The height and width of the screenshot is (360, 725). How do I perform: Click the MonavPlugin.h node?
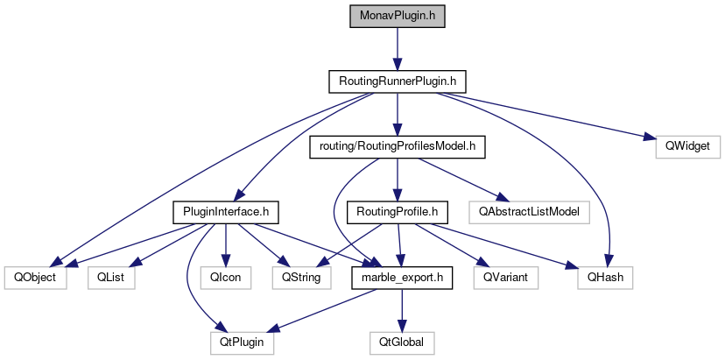click(397, 17)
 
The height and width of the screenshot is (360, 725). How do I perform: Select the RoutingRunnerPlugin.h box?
click(397, 81)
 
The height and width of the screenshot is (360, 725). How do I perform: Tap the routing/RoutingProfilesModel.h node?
click(397, 146)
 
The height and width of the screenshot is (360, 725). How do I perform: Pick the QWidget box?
click(687, 146)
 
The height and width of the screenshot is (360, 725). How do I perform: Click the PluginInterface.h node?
click(226, 211)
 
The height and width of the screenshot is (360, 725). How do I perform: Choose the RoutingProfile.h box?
click(398, 211)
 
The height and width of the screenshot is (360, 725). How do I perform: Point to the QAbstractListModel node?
click(529, 211)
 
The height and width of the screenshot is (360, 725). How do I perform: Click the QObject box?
click(35, 277)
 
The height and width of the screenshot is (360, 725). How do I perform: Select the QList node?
click(109, 277)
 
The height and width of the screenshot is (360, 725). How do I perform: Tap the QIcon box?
click(226, 277)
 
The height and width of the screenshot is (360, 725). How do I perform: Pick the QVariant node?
click(506, 277)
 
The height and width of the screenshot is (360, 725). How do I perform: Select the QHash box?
click(604, 277)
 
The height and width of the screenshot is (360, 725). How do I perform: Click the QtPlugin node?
click(242, 342)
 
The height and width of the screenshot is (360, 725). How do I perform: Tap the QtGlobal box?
click(401, 342)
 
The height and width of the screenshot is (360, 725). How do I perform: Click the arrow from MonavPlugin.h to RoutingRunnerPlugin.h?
click(397, 49)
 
